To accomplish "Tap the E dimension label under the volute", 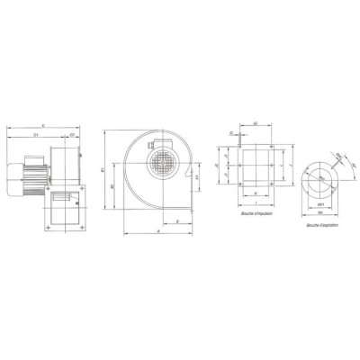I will [x=179, y=220].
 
